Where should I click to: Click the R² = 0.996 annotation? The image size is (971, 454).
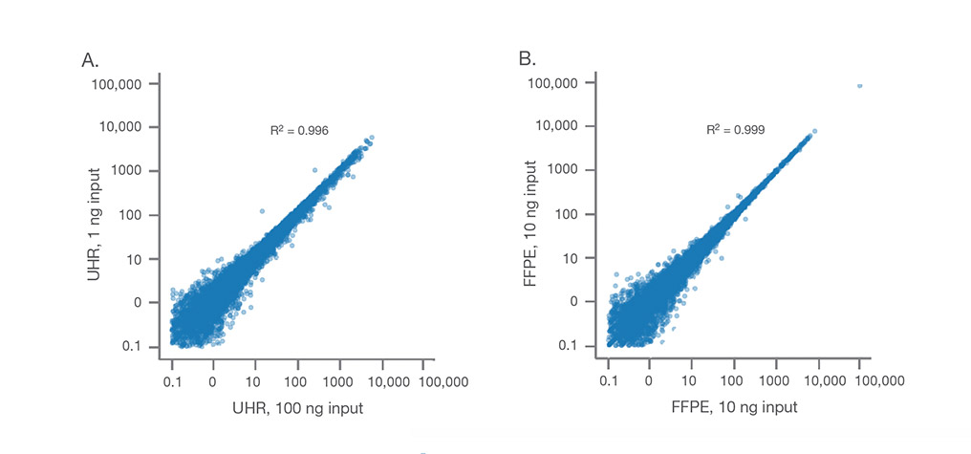pos(300,128)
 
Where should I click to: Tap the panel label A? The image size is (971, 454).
pos(90,60)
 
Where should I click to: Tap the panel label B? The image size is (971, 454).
pos(527,60)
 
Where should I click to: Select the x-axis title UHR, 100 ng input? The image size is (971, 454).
pos(297,409)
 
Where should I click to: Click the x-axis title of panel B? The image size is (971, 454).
pos(734,409)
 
